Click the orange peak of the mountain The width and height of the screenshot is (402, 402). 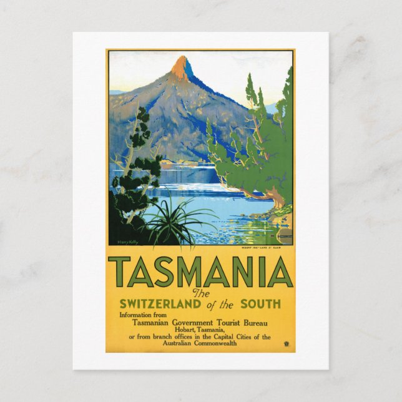tap(182, 67)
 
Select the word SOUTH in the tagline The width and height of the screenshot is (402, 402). tap(264, 305)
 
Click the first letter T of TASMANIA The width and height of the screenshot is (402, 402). tap(123, 272)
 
